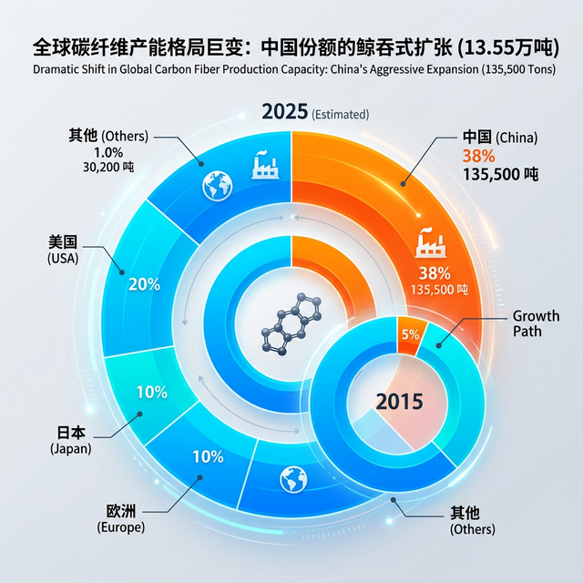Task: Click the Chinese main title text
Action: point(291,46)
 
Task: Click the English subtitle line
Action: point(291,68)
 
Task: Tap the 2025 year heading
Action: point(284,112)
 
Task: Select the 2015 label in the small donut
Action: point(400,401)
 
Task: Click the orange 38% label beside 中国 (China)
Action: point(478,155)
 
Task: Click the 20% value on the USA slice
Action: point(144,283)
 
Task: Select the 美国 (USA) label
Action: point(63,250)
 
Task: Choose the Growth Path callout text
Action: point(536,323)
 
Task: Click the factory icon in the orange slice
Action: point(429,244)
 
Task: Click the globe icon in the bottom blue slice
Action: point(291,476)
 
